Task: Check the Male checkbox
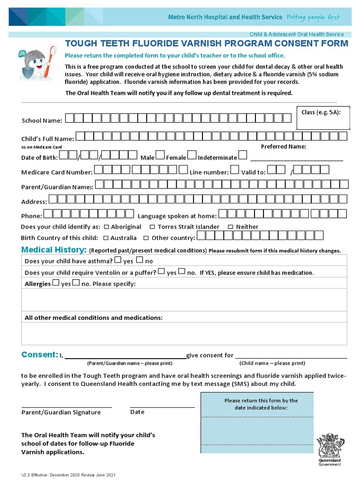pos(160,155)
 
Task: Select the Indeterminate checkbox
pos(242,155)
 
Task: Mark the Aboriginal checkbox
pos(106,227)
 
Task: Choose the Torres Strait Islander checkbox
pos(153,227)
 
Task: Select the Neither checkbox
pos(231,227)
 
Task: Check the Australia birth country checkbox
pos(106,238)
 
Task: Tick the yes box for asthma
pos(118,260)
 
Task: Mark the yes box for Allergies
pos(56,283)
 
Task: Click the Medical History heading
pos(54,249)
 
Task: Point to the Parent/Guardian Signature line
pos(67,407)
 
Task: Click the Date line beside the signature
pos(162,407)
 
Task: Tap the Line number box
pos(235,170)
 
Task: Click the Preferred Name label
pos(283,146)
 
